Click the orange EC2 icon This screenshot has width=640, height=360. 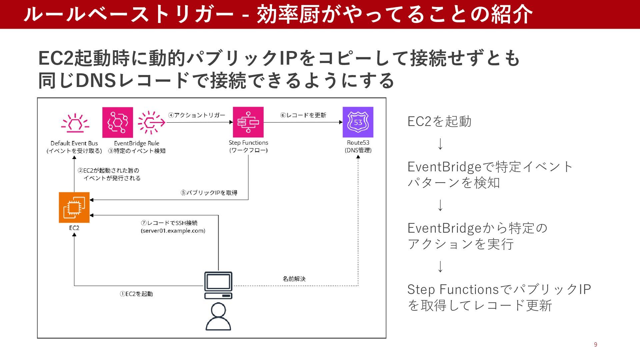74,207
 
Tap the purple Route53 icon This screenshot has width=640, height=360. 358,122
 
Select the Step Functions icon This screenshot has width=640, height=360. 248,122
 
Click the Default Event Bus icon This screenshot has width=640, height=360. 75,124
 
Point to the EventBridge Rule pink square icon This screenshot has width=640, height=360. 117,122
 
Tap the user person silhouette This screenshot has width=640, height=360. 218,317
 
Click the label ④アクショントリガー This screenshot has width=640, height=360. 197,115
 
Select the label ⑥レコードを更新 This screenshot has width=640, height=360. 303,115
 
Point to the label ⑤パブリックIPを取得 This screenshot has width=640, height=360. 209,193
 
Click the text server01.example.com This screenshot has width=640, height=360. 173,231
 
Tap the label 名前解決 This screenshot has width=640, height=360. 294,279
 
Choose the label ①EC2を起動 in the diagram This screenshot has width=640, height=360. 136,294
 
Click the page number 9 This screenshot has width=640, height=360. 595,345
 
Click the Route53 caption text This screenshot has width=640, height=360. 358,143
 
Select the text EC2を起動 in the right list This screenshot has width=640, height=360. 439,121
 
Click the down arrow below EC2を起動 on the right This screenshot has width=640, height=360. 440,144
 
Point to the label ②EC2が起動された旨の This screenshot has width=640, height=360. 108,171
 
